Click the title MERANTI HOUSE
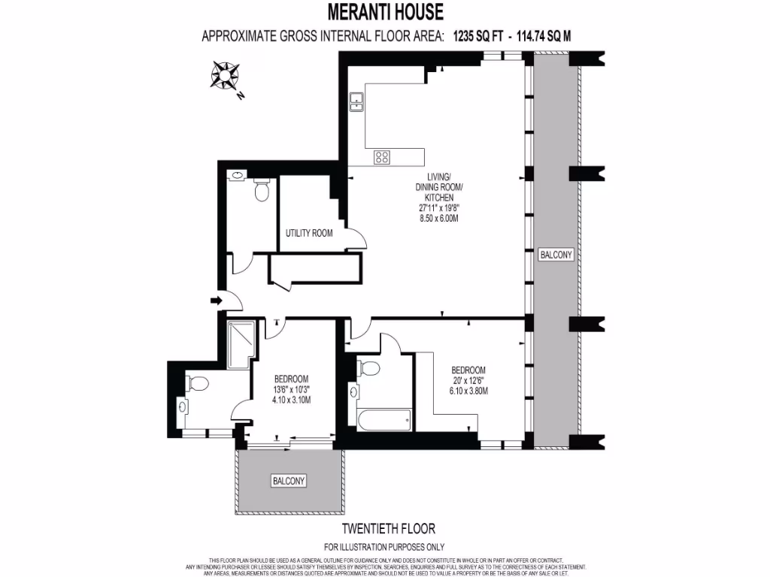click(385, 13)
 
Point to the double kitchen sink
click(356, 101)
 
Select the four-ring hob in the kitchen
click(383, 157)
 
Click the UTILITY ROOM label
click(309, 233)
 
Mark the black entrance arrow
click(217, 301)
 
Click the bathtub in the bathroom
click(384, 420)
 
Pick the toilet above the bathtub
click(368, 369)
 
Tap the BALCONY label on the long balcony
click(556, 255)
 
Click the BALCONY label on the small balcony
click(290, 480)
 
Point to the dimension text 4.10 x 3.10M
click(291, 400)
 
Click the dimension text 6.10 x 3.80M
click(469, 391)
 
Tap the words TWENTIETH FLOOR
click(388, 529)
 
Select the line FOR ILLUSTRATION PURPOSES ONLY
click(384, 547)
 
